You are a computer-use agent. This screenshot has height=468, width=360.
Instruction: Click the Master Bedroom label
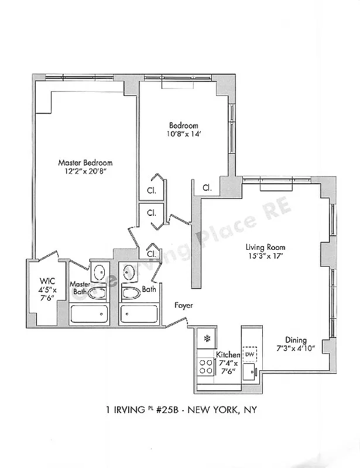(85, 163)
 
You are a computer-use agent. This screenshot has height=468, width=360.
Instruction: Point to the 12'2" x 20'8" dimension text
(85, 172)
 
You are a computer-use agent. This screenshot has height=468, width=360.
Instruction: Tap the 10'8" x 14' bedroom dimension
(184, 135)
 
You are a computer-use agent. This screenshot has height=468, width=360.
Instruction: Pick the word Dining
(296, 340)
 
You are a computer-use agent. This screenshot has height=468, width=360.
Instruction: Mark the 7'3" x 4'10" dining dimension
(296, 349)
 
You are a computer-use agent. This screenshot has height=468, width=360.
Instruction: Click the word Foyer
(183, 305)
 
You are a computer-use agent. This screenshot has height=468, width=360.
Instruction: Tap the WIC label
(47, 280)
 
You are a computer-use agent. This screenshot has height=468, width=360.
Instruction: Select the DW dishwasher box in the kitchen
(250, 355)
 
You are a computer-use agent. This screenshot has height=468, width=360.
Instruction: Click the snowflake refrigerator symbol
(206, 338)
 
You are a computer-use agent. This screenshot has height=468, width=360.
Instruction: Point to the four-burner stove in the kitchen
(206, 366)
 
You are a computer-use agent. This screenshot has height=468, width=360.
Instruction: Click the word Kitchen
(228, 355)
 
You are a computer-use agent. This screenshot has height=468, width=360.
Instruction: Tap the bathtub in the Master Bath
(88, 314)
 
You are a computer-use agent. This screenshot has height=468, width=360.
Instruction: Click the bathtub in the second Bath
(139, 314)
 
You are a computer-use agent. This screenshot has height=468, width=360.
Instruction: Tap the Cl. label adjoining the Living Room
(207, 188)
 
